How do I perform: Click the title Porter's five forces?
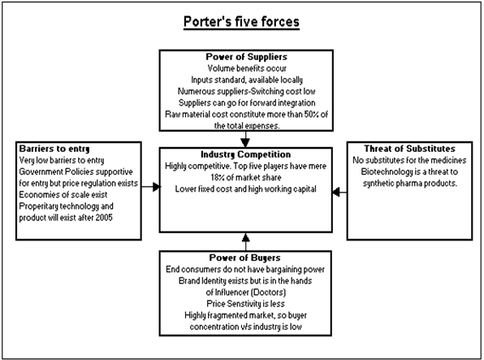click(241, 22)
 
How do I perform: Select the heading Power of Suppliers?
click(246, 57)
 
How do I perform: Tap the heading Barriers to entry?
click(54, 149)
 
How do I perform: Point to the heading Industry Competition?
click(246, 154)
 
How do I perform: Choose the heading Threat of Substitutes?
click(409, 149)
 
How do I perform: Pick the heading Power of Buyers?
click(245, 258)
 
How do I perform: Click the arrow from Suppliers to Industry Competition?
click(245, 139)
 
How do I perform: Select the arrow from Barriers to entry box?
click(151, 187)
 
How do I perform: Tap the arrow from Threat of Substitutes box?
click(339, 192)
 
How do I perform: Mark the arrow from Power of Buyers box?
click(246, 241)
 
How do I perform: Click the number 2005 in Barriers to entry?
click(104, 218)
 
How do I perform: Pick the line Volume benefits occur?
click(247, 68)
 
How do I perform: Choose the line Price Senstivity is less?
click(246, 304)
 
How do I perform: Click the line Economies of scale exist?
click(63, 195)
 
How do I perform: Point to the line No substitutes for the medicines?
click(409, 160)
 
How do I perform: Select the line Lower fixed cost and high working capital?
click(246, 189)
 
